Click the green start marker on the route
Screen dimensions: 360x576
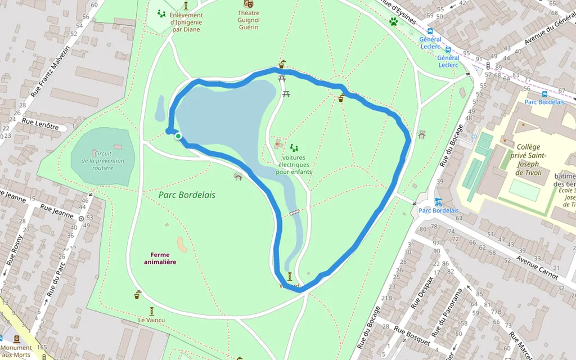pos(178,136)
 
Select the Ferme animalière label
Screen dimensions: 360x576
pos(160,258)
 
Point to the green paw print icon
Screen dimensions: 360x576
pos(394,22)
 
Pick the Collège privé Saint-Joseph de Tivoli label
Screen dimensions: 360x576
pos(527,159)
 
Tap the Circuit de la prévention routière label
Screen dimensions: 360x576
pos(102,160)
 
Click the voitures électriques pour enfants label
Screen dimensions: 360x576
pos(294,165)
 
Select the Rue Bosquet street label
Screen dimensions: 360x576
pos(412,335)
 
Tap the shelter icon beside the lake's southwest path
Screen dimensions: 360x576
pos(238,176)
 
